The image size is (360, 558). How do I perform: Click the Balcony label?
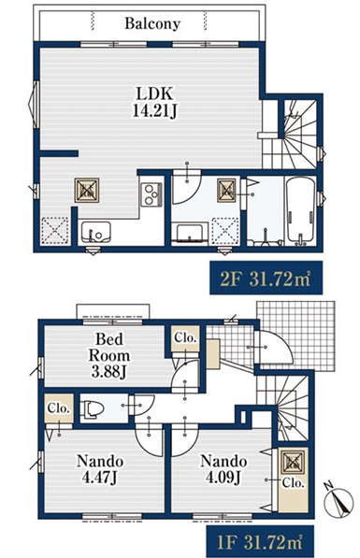pyautogui.click(x=152, y=24)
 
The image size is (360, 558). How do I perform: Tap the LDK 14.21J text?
pyautogui.click(x=155, y=102)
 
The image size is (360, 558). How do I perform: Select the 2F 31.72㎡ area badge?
pyautogui.click(x=266, y=278)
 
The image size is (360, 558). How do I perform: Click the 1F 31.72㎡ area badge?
pyautogui.click(x=261, y=541)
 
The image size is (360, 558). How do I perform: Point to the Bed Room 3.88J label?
pyautogui.click(x=109, y=355)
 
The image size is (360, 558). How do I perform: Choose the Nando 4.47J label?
pyautogui.click(x=100, y=470)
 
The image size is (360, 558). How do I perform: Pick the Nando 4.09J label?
pyautogui.click(x=223, y=469)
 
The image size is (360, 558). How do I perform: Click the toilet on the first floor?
pyautogui.click(x=92, y=408)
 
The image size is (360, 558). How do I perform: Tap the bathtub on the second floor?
pyautogui.click(x=300, y=210)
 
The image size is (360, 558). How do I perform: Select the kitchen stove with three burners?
pyautogui.click(x=151, y=194)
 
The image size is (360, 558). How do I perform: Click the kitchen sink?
pyautogui.click(x=95, y=232)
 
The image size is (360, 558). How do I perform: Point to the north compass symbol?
pyautogui.click(x=339, y=500)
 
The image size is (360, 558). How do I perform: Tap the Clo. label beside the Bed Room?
pyautogui.click(x=185, y=337)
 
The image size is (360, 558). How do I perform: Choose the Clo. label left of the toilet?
pyautogui.click(x=59, y=408)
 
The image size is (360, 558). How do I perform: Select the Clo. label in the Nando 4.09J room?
pyautogui.click(x=294, y=482)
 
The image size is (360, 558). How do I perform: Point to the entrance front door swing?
pyautogui.click(x=273, y=348)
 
